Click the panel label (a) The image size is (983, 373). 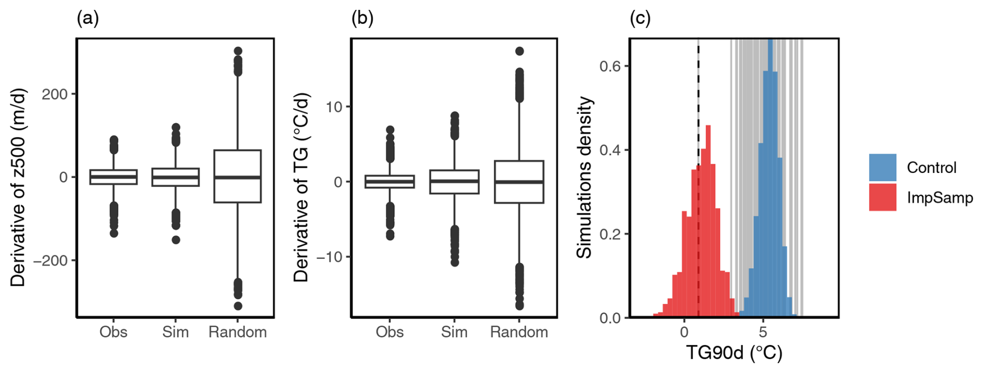tap(87, 19)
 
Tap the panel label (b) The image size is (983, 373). tap(362, 19)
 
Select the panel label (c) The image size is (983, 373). tap(640, 19)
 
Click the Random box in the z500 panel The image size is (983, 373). tap(237, 176)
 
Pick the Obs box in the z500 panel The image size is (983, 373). tap(113, 177)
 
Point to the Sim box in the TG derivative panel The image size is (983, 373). tap(454, 182)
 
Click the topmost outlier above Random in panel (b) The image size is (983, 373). tap(519, 51)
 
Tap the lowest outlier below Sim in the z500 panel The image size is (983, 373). tap(176, 240)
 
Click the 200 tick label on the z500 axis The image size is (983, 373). tap(55, 94)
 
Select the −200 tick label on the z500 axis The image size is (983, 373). tap(50, 260)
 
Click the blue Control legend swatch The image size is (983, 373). tap(882, 167)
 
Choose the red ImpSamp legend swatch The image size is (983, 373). tap(882, 197)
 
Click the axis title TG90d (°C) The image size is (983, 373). tap(734, 353)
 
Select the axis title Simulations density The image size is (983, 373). tap(585, 177)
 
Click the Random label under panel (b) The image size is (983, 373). tap(519, 332)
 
